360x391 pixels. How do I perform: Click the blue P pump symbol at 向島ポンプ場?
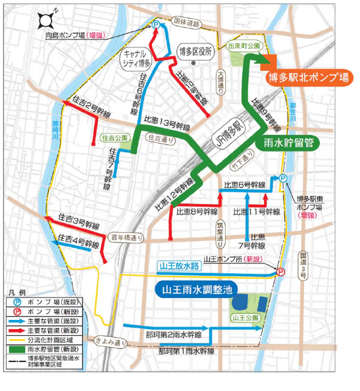155,23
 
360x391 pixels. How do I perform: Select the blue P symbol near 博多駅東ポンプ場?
282,178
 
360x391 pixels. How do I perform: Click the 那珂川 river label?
56,130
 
